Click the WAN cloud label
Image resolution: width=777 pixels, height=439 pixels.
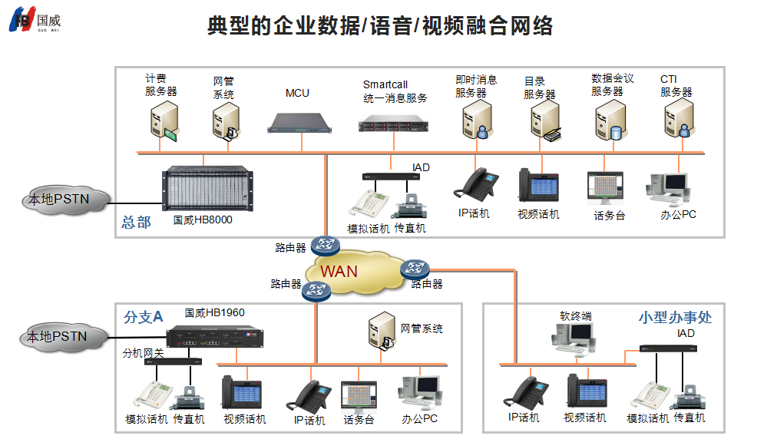pos(339,272)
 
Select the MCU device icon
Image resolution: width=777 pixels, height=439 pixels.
pos(299,124)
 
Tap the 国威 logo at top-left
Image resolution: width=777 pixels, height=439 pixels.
pos(35,19)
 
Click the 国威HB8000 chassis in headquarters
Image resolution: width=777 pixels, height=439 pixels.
pos(207,188)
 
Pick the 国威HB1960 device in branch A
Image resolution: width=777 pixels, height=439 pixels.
pos(214,337)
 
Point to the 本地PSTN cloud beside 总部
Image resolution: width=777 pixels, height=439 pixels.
pos(64,200)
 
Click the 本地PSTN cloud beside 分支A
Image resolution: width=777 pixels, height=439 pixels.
pos(64,338)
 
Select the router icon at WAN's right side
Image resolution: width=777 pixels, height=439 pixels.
pos(415,269)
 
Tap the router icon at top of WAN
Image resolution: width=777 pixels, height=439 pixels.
pos(326,245)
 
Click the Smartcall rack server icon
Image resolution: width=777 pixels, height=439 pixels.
pos(393,123)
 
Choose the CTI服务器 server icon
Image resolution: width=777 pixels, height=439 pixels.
pos(679,118)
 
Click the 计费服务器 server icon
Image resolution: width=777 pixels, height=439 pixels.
pos(164,121)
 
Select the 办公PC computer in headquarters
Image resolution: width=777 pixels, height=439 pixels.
pos(667,188)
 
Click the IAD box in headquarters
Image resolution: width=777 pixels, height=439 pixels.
pos(391,177)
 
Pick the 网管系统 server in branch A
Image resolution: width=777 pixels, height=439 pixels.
pos(382,331)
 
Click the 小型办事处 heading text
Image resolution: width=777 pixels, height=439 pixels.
pos(675,318)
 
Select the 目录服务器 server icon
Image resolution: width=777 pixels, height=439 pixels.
pos(546,121)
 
